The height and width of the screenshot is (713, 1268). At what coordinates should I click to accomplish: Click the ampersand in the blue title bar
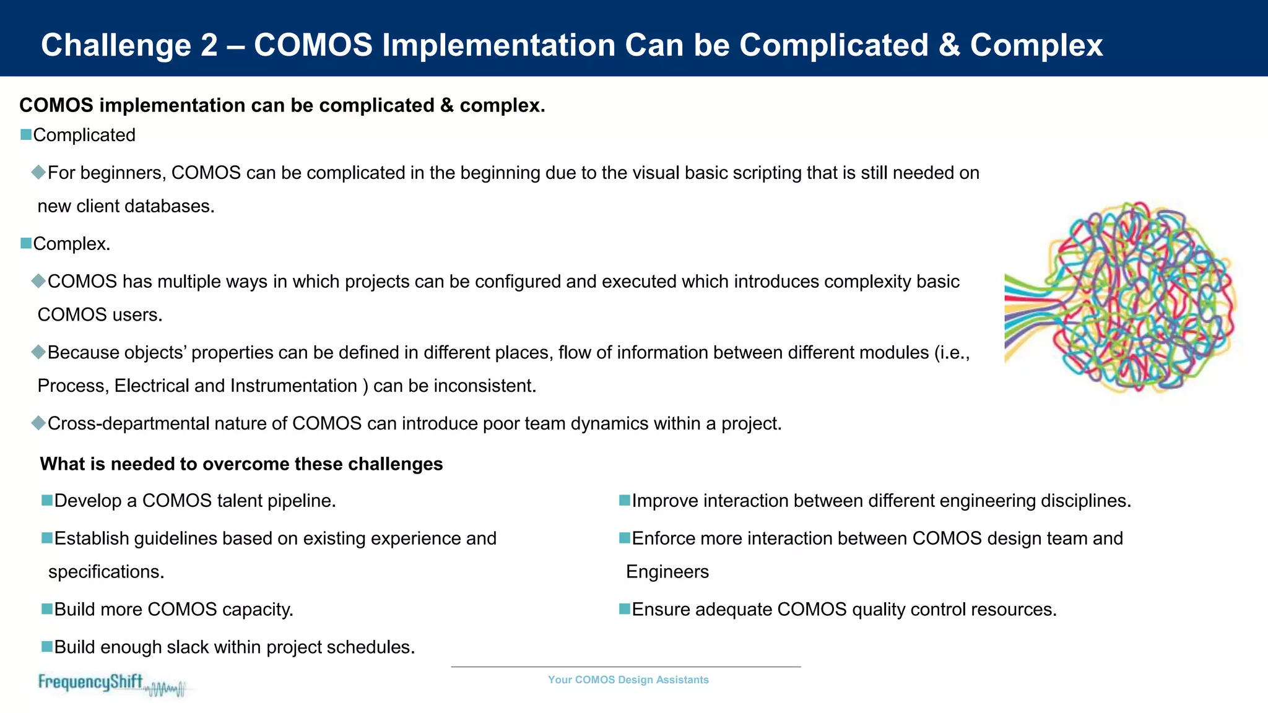pos(949,45)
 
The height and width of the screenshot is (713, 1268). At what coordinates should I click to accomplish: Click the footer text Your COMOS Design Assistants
pos(628,680)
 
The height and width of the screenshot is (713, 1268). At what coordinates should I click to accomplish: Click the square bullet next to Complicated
pos(26,134)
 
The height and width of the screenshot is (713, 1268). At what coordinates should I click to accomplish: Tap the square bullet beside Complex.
pos(26,243)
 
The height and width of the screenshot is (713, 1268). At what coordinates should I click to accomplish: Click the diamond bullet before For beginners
pos(38,172)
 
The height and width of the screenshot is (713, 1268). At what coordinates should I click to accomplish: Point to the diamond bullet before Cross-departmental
pos(38,423)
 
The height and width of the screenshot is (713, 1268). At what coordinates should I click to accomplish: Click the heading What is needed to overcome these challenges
pos(241,464)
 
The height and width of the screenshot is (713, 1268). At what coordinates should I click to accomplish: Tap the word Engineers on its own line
pos(667,571)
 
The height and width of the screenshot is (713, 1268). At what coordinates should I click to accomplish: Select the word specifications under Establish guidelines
pos(106,571)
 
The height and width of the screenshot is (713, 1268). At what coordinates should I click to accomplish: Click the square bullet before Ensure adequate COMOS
pos(625,609)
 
